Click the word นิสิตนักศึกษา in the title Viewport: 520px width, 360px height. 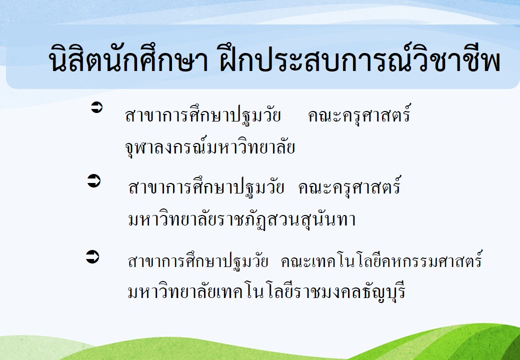(128, 58)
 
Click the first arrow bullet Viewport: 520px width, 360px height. (97, 107)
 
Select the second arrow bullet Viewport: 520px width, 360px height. (94, 181)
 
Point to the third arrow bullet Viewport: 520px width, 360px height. (92, 257)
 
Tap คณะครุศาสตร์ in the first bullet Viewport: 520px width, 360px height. (359, 114)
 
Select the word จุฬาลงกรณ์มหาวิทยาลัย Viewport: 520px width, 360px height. (210, 146)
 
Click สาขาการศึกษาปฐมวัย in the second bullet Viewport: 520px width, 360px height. (206, 187)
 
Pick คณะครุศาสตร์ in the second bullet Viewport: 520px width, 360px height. (350, 185)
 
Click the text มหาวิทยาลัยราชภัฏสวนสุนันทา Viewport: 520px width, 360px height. (242, 219)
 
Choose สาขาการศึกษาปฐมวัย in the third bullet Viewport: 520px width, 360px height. (198, 261)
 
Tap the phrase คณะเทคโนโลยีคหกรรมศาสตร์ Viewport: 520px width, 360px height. (381, 259)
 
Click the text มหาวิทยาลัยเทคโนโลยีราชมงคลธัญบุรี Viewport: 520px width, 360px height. (266, 291)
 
